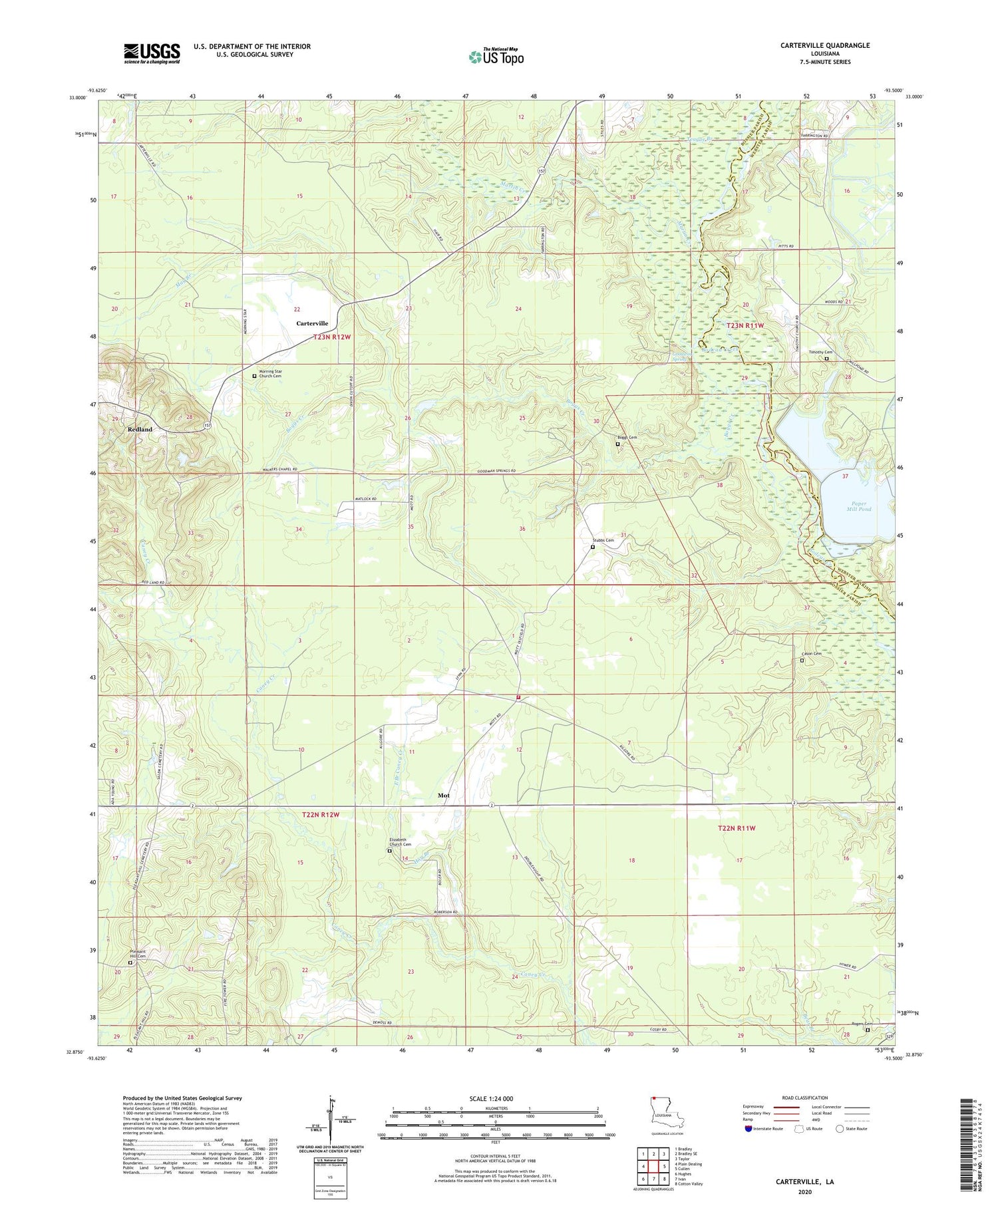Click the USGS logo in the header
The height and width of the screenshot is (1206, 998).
pyautogui.click(x=152, y=53)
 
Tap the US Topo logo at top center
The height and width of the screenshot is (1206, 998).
pyautogui.click(x=496, y=57)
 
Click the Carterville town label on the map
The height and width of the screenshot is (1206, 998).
pyautogui.click(x=312, y=323)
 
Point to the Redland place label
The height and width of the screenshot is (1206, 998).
pyautogui.click(x=140, y=430)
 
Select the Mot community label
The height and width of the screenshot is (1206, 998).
pyautogui.click(x=444, y=796)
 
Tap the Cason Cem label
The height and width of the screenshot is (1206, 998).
pyautogui.click(x=812, y=654)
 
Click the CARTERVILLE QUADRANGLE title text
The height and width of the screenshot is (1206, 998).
pyautogui.click(x=825, y=45)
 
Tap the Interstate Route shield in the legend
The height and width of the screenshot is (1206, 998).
pyautogui.click(x=748, y=1128)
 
